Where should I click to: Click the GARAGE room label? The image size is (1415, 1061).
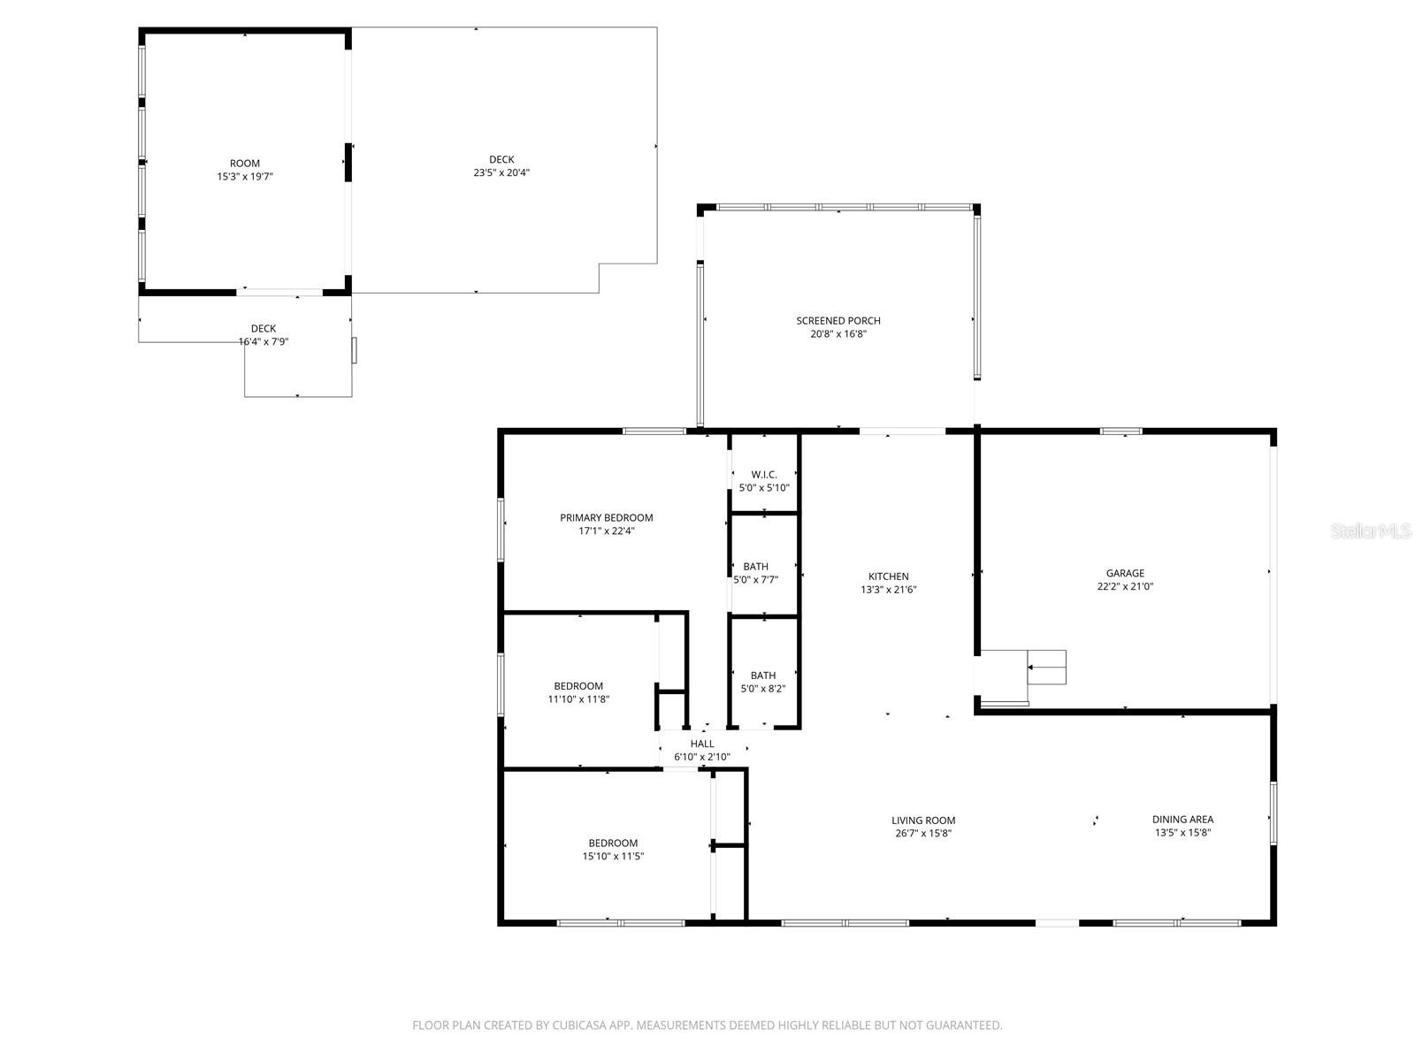(1125, 573)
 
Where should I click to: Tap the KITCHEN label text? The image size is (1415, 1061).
(888, 576)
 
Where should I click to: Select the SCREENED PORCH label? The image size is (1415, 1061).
(838, 320)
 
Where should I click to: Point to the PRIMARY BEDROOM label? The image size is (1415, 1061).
(606, 517)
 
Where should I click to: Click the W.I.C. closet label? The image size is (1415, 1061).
(764, 475)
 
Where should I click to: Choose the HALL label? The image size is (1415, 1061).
(702, 744)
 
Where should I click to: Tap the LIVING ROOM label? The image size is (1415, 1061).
(923, 821)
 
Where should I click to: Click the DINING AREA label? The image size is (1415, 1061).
(1183, 820)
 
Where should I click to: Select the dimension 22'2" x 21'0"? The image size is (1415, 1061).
(1125, 586)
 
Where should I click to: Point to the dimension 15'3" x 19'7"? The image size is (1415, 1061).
(245, 177)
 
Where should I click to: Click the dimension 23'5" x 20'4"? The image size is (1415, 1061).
(501, 172)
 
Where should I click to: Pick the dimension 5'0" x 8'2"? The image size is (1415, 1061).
(763, 689)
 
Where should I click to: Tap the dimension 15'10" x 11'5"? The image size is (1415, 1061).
(613, 856)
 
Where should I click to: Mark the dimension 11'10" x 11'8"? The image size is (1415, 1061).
(578, 699)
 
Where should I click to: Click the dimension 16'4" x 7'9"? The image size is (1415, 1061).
(264, 341)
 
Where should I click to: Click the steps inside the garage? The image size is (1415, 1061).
(1046, 668)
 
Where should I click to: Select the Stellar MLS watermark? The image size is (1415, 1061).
(1371, 530)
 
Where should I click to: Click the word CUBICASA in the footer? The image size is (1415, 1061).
(579, 1025)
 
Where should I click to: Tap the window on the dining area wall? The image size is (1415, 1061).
(1273, 813)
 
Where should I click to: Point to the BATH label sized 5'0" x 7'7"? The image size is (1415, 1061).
(755, 566)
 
